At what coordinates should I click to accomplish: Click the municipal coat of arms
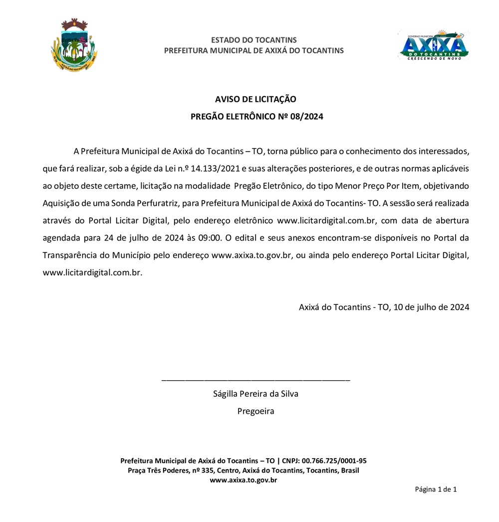coord(74,45)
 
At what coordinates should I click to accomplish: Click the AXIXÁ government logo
coord(433,45)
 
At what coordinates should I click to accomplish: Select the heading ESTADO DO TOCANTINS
coord(253,40)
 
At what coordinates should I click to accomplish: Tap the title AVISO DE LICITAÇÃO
coord(255,99)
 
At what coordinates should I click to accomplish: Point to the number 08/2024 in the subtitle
coord(307,117)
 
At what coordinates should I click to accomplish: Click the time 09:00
coord(209,238)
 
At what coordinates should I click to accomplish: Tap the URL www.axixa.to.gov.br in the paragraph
coord(251,255)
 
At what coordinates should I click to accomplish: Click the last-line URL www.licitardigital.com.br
coord(92,272)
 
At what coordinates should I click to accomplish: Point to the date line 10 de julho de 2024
coord(431,307)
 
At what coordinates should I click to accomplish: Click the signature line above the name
coord(255,381)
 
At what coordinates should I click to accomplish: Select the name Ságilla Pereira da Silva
coord(255,394)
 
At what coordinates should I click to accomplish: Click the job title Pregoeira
coord(255,411)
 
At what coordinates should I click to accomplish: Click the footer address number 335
coord(208,470)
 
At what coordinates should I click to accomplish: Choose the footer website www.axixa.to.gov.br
coord(243,480)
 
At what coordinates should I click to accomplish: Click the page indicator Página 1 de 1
coord(436,489)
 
